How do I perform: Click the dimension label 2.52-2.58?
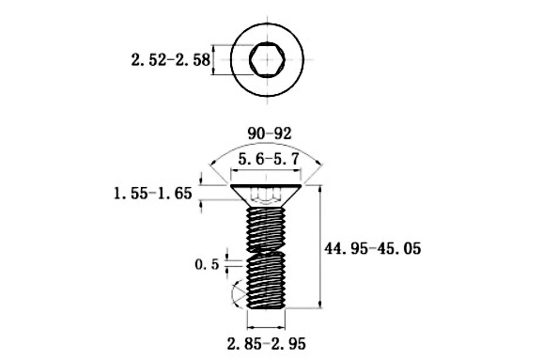click(x=170, y=60)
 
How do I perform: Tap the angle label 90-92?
click(x=270, y=133)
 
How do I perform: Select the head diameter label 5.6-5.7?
click(x=269, y=160)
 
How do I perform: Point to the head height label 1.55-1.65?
click(x=153, y=194)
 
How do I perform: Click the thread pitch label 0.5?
click(x=207, y=264)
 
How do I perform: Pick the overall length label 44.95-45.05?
click(x=373, y=248)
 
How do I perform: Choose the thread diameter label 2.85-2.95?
click(x=266, y=344)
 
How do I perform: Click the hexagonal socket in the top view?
click(x=267, y=59)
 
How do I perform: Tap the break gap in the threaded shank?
click(x=266, y=251)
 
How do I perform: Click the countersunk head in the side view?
click(x=266, y=196)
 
